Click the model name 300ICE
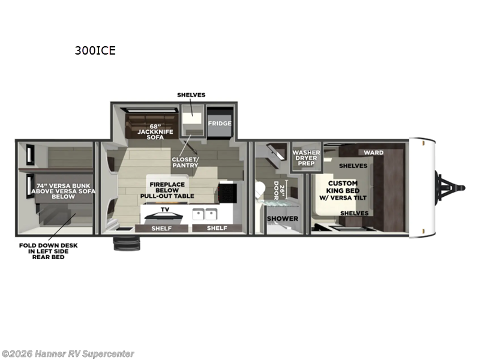[95, 50]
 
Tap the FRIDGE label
[220, 123]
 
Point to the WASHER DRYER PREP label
[306, 158]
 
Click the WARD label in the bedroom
[373, 152]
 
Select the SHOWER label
[282, 218]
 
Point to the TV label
[164, 209]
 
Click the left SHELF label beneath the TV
[161, 228]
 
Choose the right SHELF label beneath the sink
[217, 228]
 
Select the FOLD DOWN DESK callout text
[48, 251]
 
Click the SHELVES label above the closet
[191, 95]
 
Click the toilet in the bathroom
[260, 191]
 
